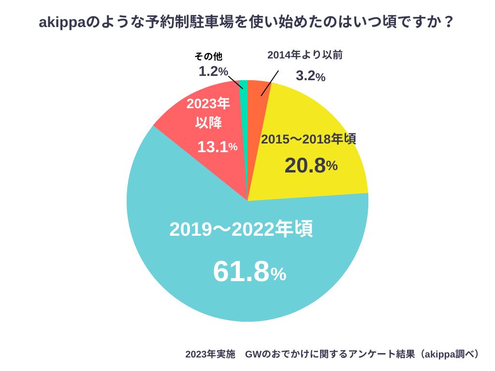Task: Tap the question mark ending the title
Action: [x=449, y=22]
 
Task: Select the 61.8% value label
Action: [x=249, y=272]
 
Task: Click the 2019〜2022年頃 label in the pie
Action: [x=241, y=229]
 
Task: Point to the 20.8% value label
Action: [x=311, y=166]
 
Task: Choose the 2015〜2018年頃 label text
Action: [x=308, y=139]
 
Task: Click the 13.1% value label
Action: [x=217, y=147]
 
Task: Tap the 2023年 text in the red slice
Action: [x=208, y=103]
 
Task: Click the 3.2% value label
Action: [x=310, y=76]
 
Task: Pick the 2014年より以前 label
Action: [x=305, y=55]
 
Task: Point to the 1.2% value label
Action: [x=213, y=71]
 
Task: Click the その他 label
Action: [x=208, y=57]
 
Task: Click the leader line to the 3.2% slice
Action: [x=270, y=83]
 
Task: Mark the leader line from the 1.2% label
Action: [x=235, y=82]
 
